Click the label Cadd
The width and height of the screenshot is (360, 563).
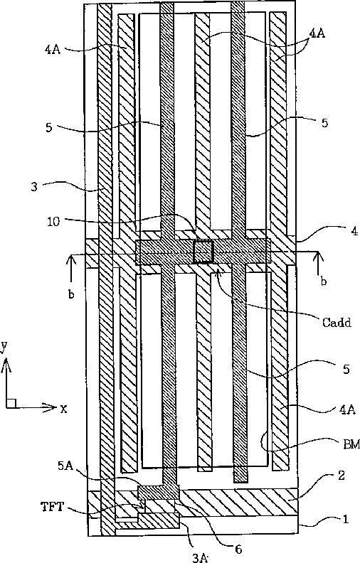(x=337, y=322)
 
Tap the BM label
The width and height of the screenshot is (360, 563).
(x=351, y=445)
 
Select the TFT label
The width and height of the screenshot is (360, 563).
(x=53, y=507)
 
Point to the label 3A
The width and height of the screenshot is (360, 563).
(x=199, y=557)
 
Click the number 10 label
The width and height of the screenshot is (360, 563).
(x=53, y=222)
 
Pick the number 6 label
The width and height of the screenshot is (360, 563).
(x=238, y=549)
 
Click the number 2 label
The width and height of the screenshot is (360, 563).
(x=341, y=475)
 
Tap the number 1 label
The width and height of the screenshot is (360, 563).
(x=346, y=519)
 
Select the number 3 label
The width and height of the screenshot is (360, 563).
(x=34, y=187)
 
